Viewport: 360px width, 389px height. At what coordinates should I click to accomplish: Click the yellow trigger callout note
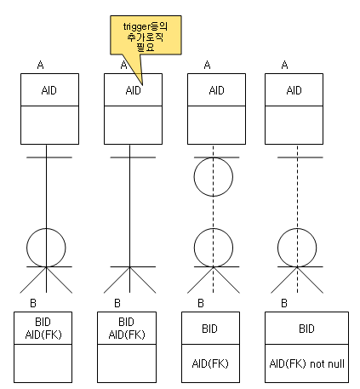(x=146, y=36)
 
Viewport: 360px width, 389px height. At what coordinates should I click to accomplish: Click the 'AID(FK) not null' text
(x=307, y=363)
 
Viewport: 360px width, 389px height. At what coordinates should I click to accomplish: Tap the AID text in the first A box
(x=49, y=90)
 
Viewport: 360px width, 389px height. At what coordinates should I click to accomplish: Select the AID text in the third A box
(x=216, y=90)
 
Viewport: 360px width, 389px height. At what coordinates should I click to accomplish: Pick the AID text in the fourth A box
(x=294, y=90)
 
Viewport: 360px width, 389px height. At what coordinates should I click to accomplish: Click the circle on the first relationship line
(x=26, y=248)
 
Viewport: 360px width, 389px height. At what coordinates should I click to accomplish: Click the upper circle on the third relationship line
(x=194, y=177)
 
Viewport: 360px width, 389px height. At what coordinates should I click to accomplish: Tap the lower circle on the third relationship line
(x=194, y=248)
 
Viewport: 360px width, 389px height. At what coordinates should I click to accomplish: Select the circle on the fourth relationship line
(x=277, y=248)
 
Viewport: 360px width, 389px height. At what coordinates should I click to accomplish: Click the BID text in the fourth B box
(x=306, y=329)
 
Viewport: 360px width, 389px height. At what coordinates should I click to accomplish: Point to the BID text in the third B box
(x=209, y=329)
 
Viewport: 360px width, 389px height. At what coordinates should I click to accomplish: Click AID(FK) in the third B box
(x=210, y=363)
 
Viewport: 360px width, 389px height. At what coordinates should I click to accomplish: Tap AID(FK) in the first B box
(x=43, y=335)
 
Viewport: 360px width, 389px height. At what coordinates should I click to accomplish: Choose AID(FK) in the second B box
(x=127, y=335)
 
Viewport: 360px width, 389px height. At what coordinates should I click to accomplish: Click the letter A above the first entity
(x=40, y=65)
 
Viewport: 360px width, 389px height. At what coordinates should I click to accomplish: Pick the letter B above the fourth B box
(x=284, y=303)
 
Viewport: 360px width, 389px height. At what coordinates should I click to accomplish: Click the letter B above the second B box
(x=117, y=303)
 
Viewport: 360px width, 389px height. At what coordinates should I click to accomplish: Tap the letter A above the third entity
(x=207, y=65)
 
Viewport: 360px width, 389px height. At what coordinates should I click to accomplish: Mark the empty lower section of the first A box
(x=49, y=125)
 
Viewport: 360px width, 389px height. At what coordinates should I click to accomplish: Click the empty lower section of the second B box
(x=127, y=363)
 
